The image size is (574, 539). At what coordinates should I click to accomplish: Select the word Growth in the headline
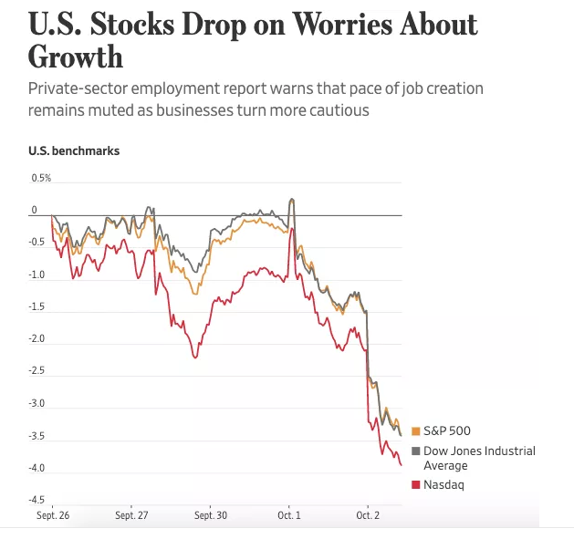[x=76, y=57]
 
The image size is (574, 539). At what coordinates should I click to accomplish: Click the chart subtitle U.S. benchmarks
[x=74, y=150]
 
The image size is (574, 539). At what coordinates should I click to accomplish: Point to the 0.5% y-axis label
[x=41, y=178]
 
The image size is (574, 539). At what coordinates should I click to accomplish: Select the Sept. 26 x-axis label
[x=52, y=515]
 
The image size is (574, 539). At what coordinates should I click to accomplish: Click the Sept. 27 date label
[x=131, y=515]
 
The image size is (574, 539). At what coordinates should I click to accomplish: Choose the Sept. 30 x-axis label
[x=210, y=515]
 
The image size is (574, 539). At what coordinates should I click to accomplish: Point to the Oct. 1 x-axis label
[x=288, y=515]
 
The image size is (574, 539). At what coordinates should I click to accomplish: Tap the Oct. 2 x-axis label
[x=367, y=515]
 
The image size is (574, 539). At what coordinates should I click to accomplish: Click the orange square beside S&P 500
[x=416, y=431]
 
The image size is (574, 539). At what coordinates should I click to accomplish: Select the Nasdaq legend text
[x=444, y=485]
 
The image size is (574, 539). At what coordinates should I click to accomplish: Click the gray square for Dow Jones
[x=416, y=451]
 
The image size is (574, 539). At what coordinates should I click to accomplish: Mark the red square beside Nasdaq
[x=416, y=485]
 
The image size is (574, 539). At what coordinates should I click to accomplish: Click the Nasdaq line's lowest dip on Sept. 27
[x=195, y=357]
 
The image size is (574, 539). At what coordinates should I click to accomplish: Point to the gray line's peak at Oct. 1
[x=291, y=199]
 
